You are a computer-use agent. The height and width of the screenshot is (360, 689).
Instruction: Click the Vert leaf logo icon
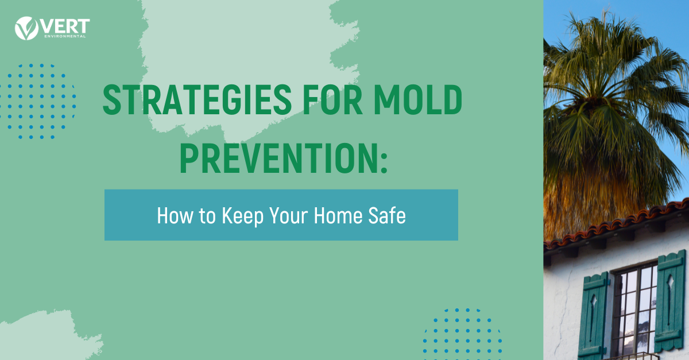26,28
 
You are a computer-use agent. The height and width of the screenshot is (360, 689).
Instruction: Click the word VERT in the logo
65,26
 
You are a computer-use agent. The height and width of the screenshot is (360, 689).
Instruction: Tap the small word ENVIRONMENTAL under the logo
65,36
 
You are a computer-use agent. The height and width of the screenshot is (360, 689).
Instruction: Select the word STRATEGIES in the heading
197,100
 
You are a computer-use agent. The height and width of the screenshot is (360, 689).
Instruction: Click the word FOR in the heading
332,100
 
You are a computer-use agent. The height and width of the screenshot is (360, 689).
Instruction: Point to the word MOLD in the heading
418,100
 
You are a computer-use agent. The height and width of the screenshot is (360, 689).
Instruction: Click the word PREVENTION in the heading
278,158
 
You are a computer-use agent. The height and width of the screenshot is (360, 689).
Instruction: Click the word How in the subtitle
175,215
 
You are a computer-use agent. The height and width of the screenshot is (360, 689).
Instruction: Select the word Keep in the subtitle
243,216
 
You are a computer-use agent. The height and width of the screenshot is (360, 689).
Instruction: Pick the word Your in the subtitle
288,215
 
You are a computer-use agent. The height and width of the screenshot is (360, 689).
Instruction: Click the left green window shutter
593,315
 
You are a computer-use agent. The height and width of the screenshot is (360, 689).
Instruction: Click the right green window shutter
671,300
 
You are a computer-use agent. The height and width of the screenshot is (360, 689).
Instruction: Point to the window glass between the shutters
634,311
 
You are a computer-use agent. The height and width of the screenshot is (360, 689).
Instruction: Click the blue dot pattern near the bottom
462,334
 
